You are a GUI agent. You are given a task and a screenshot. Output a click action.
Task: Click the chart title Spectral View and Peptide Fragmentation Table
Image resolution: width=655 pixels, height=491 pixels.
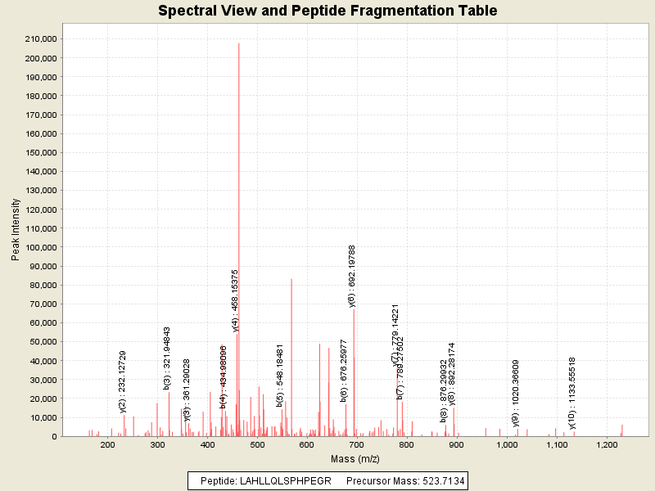[x=327, y=11]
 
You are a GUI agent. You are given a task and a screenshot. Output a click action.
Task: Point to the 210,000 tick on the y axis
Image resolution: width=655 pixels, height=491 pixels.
[x=40, y=39]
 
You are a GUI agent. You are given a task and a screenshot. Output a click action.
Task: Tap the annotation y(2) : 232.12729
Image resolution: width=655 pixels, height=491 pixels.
[x=123, y=381]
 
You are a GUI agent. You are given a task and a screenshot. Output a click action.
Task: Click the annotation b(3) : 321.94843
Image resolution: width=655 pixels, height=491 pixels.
[x=167, y=357]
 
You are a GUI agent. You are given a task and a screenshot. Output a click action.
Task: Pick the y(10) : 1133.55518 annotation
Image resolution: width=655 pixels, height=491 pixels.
[x=572, y=393]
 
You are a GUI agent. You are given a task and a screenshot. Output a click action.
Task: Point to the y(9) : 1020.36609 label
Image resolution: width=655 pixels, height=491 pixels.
[x=516, y=394]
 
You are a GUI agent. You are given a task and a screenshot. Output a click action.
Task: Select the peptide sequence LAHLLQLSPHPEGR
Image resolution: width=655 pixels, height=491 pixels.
[x=285, y=481]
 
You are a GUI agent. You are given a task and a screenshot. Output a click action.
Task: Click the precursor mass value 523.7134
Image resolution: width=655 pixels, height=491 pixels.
[x=442, y=481]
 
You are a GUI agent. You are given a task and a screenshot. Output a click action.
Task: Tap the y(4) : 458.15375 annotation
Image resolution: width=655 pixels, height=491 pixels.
[x=236, y=300]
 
